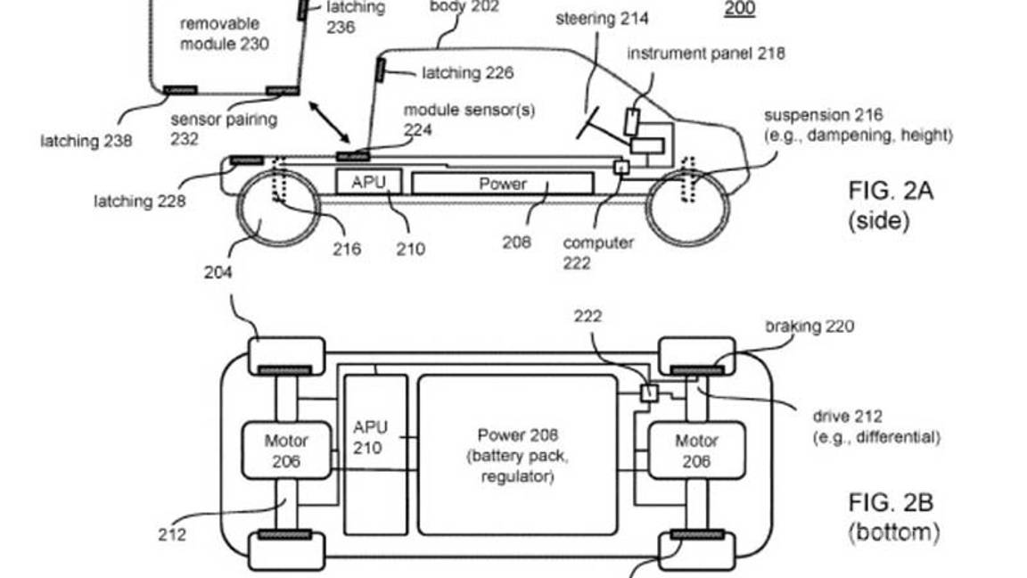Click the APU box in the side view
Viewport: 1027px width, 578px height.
368,182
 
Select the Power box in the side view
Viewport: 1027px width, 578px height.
503,184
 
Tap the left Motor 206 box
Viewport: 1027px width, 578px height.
286,450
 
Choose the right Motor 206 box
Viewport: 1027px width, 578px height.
695,450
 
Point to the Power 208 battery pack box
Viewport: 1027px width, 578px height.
517,455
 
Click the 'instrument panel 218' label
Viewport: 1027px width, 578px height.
705,54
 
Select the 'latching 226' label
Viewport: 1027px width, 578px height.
468,73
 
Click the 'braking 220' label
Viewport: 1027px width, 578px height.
809,326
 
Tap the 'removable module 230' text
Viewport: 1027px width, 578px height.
225,33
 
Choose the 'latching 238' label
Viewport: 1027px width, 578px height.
86,140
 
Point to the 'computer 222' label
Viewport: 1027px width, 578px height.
598,252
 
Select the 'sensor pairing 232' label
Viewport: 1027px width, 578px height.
224,128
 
